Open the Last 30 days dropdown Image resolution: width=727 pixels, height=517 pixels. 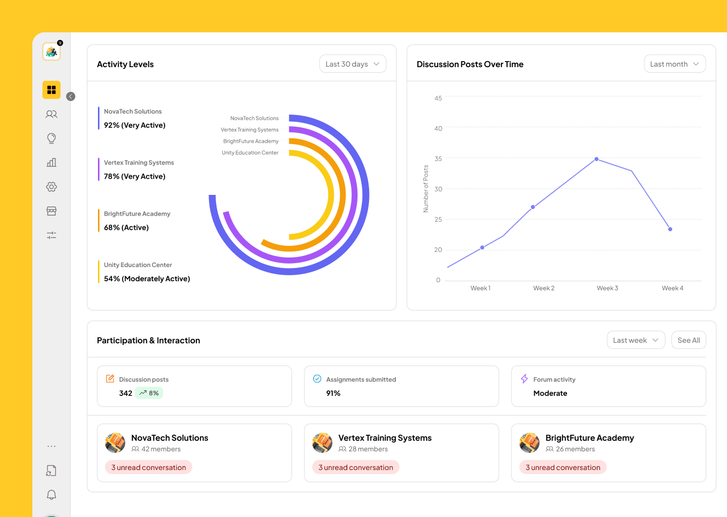[352, 64]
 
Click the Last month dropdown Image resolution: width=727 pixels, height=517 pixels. [674, 64]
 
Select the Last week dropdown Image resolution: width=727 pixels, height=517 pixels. [636, 340]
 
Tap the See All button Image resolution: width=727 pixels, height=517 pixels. [689, 340]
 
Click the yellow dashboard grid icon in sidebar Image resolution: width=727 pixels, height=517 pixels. [51, 90]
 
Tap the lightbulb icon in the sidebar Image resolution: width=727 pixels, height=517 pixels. [51, 138]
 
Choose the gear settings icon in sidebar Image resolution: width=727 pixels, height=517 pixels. [51, 187]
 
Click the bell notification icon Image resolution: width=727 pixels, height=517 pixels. [51, 495]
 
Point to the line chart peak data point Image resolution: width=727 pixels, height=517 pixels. [597, 159]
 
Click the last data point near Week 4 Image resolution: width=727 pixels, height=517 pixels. [670, 229]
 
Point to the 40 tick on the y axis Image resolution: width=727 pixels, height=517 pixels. [438, 129]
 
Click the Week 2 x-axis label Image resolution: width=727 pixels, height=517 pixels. [544, 288]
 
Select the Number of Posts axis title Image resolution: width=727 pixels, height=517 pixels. [426, 188]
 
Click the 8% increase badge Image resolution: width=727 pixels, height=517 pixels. [149, 393]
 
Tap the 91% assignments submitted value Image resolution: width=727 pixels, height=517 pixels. [333, 393]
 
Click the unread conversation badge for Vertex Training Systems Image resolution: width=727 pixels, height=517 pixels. [356, 468]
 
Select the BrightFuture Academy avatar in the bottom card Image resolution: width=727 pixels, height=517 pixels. [529, 443]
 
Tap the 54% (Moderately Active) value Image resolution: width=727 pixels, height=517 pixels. [147, 279]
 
